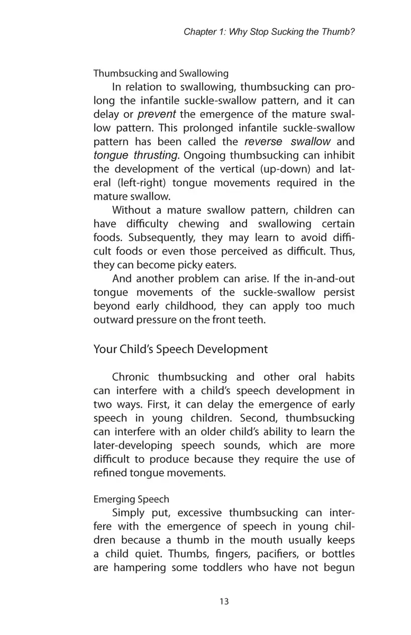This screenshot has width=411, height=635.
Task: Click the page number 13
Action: (224, 601)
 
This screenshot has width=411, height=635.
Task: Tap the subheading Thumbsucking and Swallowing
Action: (161, 74)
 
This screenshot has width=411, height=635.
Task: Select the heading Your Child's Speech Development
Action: (180, 349)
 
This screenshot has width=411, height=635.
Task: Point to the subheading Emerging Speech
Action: (131, 499)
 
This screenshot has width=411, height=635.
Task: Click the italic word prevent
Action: (157, 114)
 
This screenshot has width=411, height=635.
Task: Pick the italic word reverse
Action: (264, 142)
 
